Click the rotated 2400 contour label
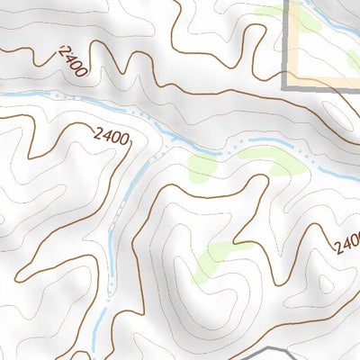click(73, 62)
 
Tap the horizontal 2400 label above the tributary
click(112, 137)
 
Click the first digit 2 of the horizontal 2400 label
click(96, 134)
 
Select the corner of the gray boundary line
click(289, 86)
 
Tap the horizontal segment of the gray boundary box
click(324, 87)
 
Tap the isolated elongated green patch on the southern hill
click(213, 259)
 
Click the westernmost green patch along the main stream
click(202, 167)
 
